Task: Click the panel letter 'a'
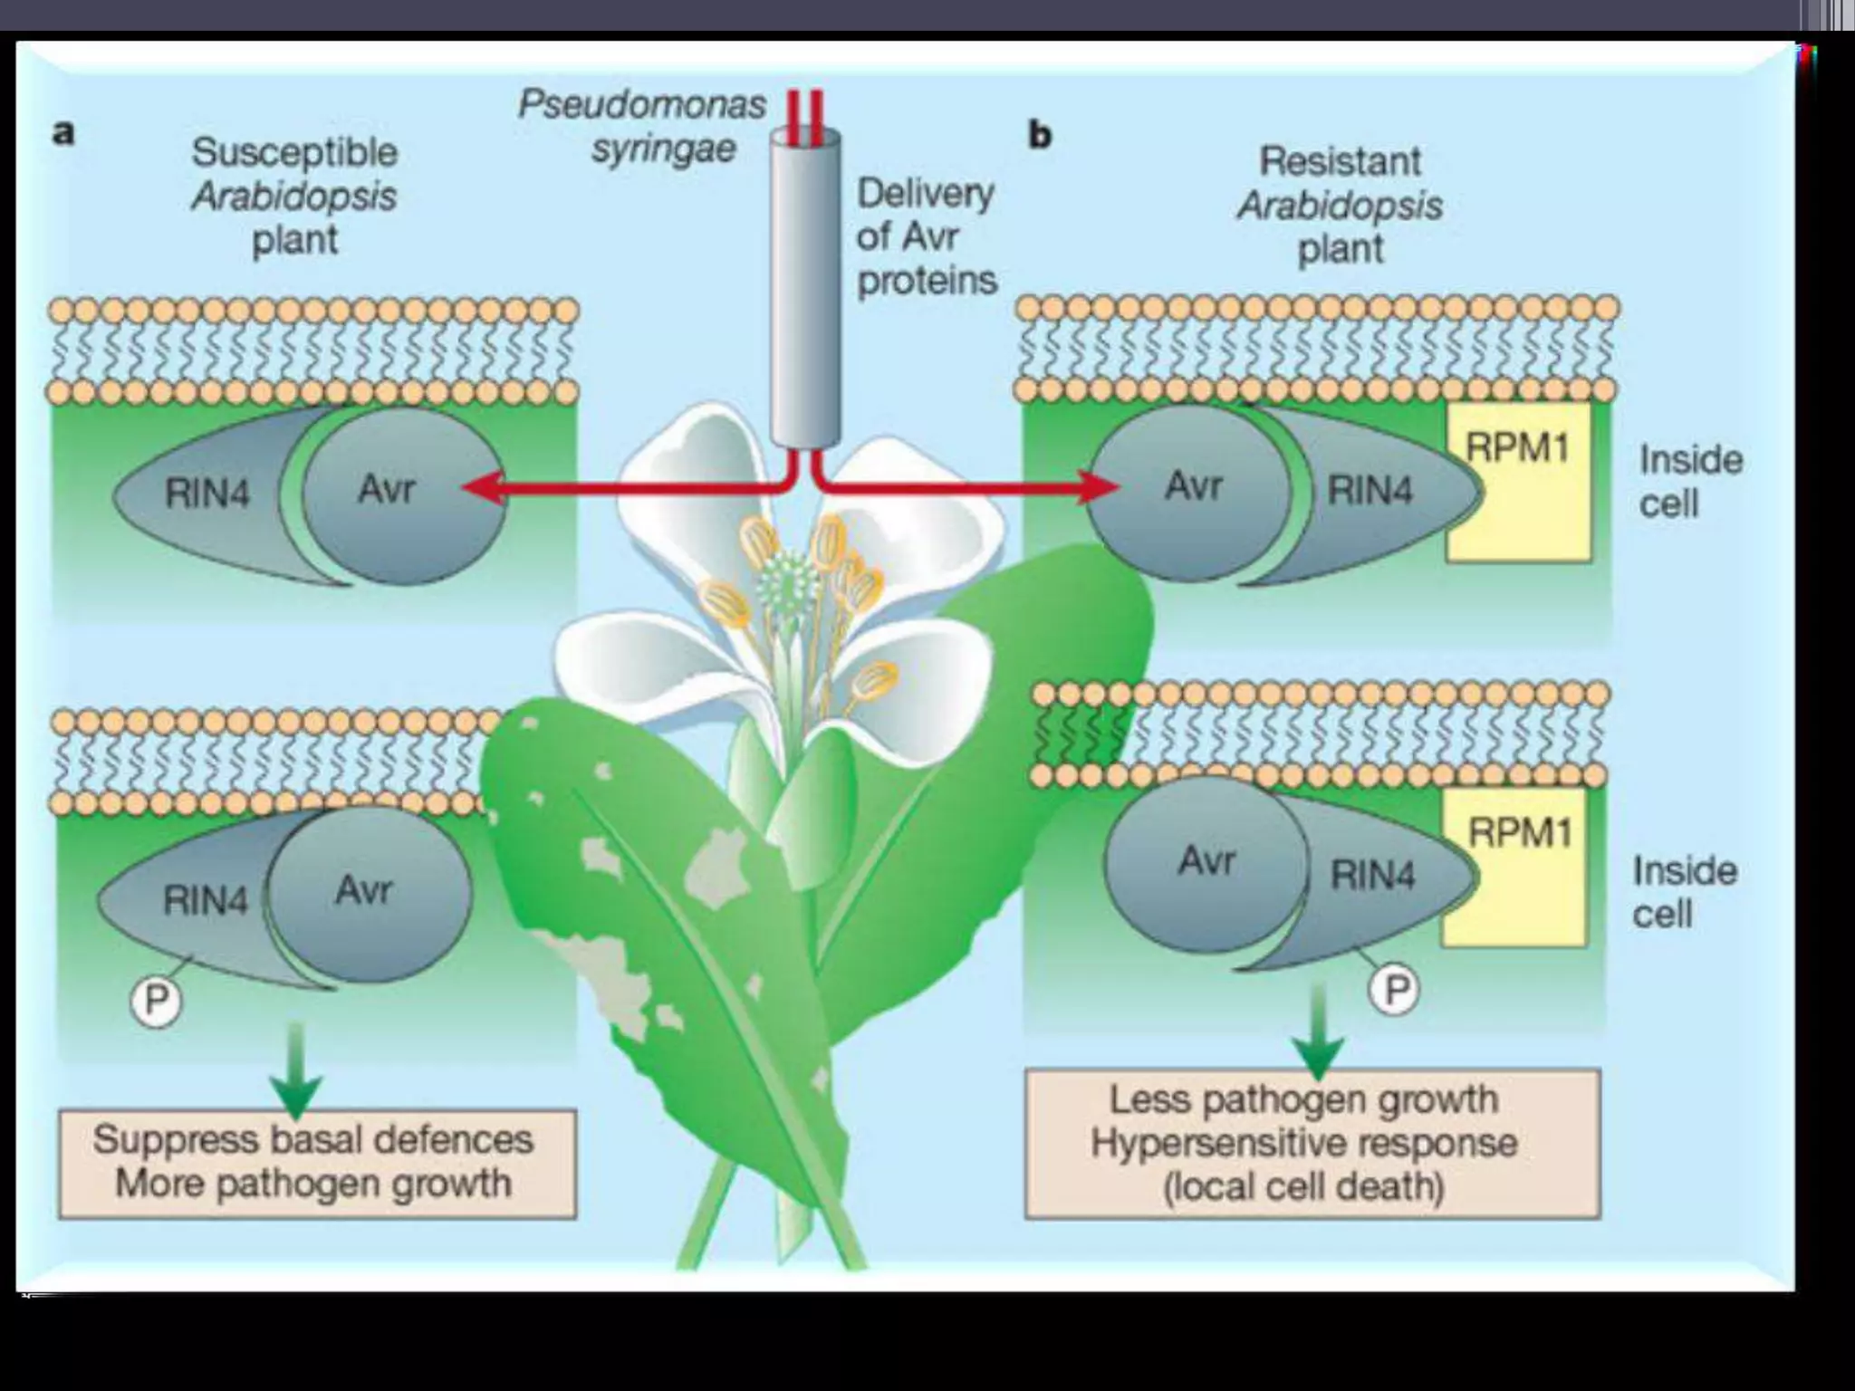click(62, 133)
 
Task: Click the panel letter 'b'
click(1040, 135)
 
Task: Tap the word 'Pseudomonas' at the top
click(641, 105)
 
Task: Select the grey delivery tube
click(804, 290)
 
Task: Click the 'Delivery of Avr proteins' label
click(926, 236)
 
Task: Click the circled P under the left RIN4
click(157, 1000)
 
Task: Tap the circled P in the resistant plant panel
click(1394, 990)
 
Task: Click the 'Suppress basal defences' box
click(316, 1163)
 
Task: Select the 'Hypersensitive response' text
click(1303, 1143)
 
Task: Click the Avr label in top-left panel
click(388, 489)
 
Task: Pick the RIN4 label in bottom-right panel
click(1372, 875)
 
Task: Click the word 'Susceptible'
click(294, 151)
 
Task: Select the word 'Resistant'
click(1340, 161)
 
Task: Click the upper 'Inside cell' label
click(1689, 481)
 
